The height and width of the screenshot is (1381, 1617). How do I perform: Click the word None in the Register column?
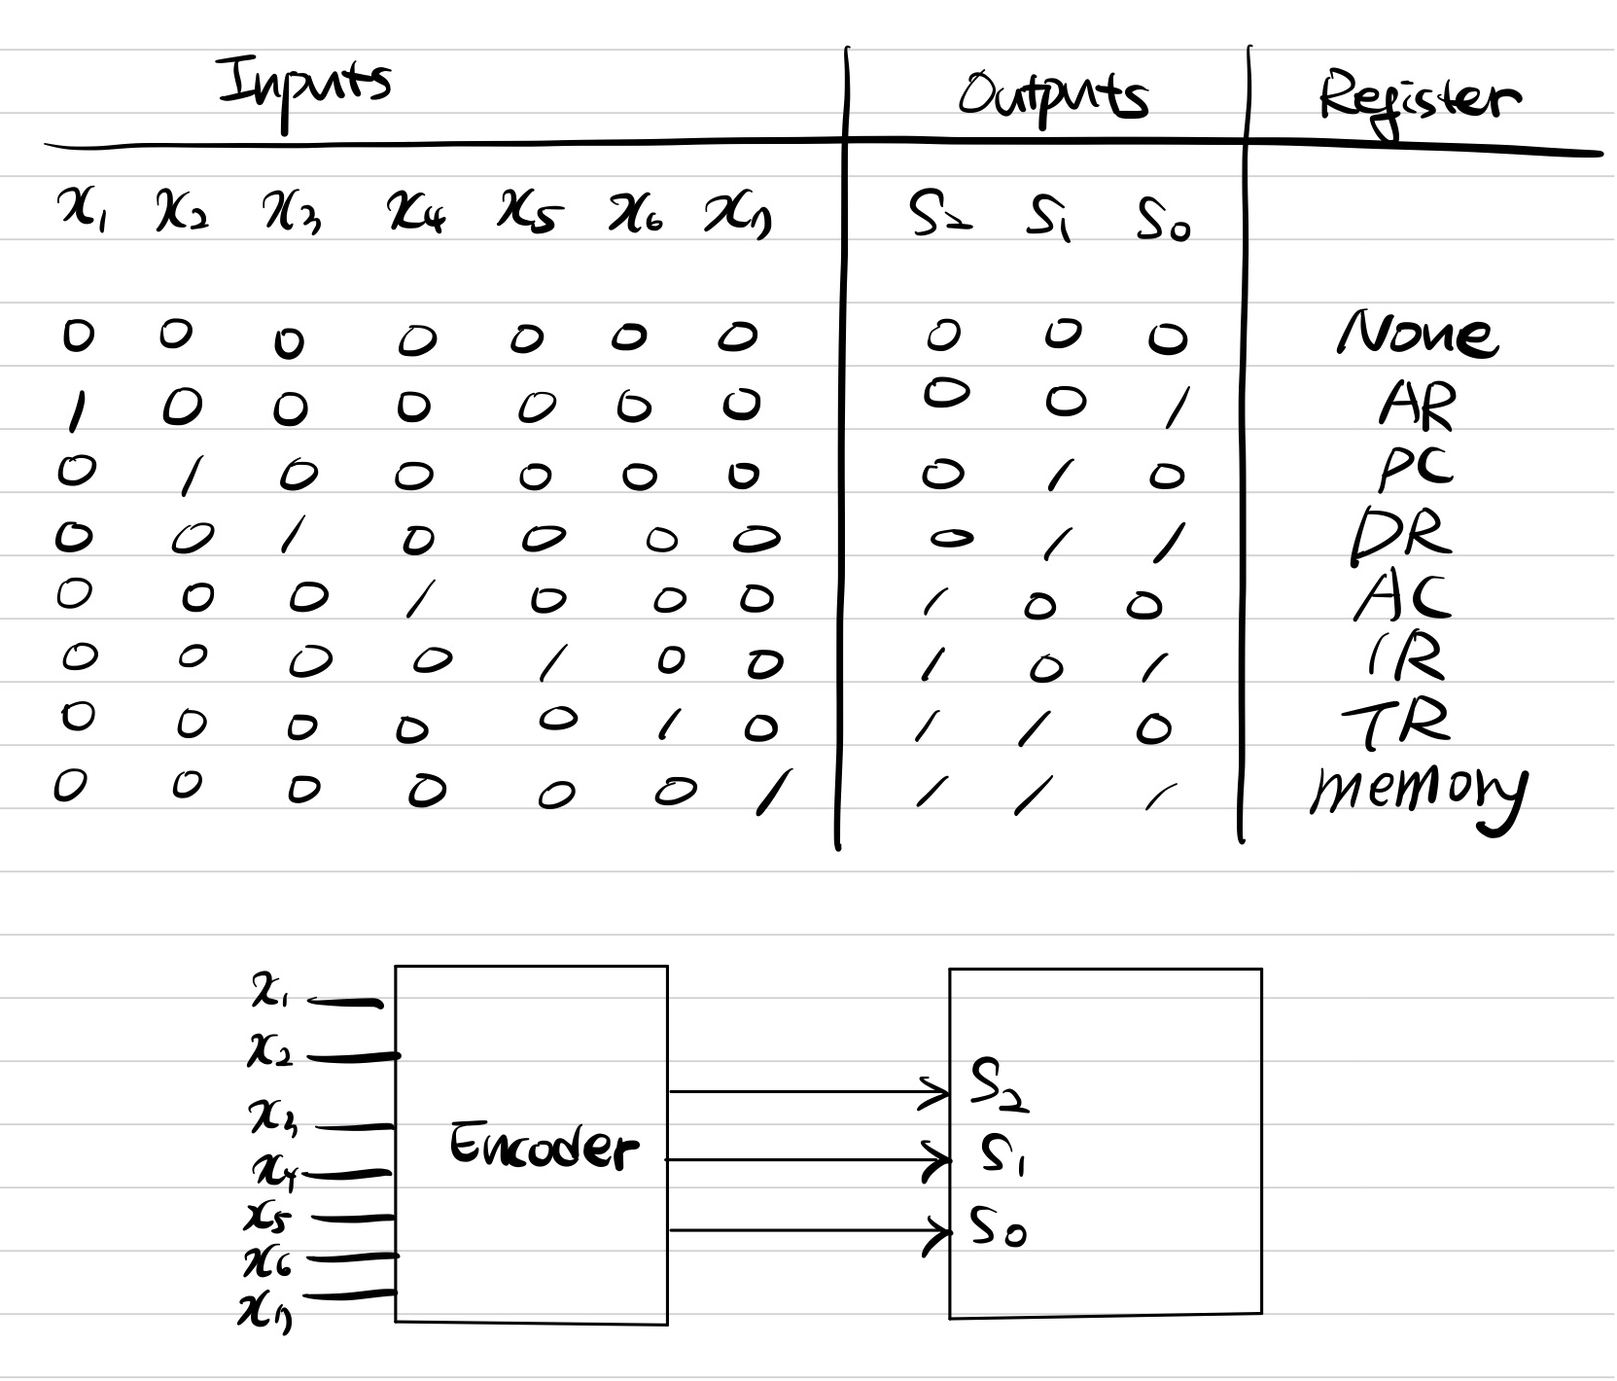tap(1418, 336)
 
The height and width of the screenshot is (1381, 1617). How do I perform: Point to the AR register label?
tap(1418, 405)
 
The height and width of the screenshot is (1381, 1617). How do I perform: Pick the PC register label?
tap(1416, 469)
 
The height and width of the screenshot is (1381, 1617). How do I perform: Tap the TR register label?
tap(1396, 725)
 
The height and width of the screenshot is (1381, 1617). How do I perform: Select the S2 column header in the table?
tap(936, 220)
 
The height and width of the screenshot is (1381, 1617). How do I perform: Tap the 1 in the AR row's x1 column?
tap(75, 409)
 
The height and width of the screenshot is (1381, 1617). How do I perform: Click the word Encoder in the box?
tap(543, 1147)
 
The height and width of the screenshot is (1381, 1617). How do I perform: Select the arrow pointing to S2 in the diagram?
tap(807, 1091)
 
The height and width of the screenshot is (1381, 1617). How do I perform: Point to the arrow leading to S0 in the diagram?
tap(807, 1230)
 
